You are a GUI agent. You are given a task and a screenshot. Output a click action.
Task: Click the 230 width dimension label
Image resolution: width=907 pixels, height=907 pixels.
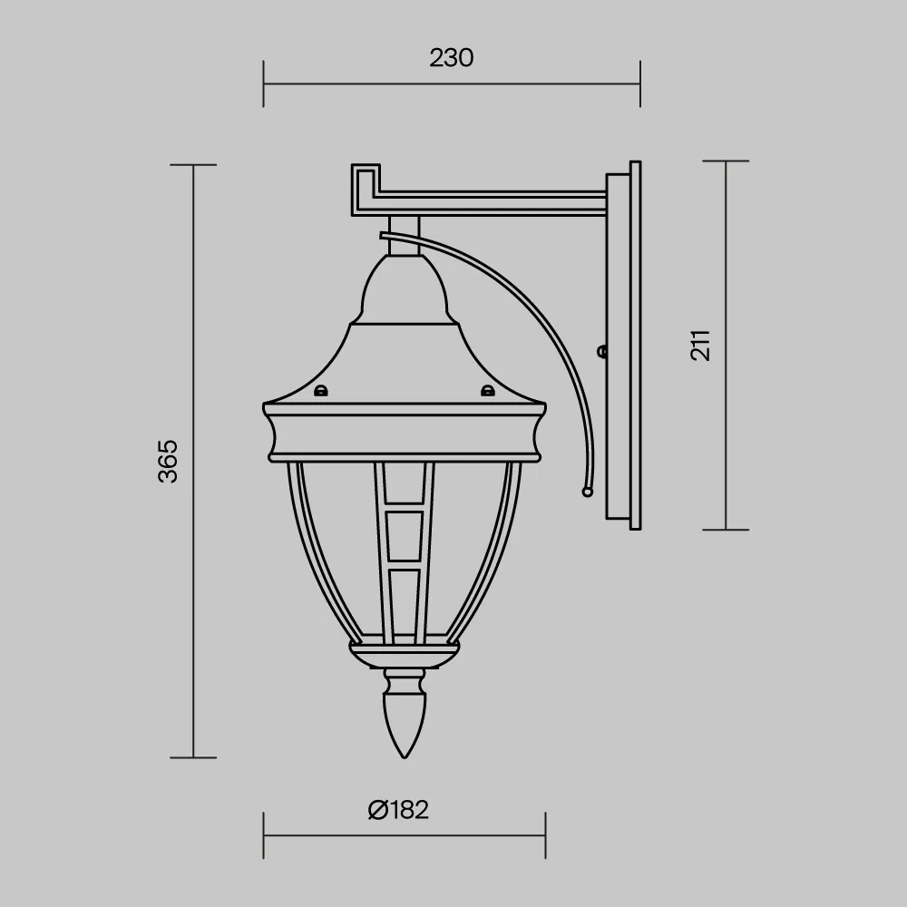point(451,58)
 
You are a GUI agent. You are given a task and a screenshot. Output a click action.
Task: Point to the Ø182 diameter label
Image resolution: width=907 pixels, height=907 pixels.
point(398,809)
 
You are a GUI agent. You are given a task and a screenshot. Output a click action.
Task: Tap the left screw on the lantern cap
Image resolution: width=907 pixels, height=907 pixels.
point(319,392)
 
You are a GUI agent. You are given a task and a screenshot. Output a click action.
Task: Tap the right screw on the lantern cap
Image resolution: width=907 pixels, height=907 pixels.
point(487,392)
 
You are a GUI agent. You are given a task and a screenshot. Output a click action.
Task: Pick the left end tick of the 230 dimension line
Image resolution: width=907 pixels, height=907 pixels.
point(264,83)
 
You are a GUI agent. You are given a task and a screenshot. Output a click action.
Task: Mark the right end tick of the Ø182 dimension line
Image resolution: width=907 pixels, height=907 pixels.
point(545,835)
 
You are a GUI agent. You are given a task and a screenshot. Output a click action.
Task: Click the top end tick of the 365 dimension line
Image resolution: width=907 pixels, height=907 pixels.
point(193,165)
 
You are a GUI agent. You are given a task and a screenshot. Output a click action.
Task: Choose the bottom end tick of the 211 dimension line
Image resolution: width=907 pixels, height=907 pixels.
point(725,530)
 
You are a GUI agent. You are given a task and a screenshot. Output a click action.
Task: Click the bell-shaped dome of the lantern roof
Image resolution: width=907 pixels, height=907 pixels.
point(405,290)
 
